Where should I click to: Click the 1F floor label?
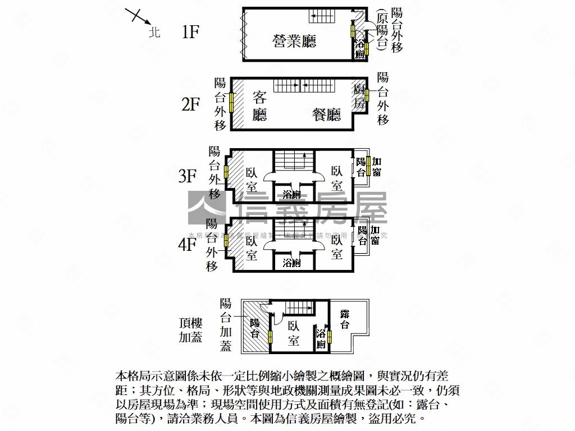tap(190, 32)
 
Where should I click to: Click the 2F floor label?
tap(190, 104)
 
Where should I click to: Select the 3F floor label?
tap(188, 177)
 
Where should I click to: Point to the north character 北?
tap(155, 33)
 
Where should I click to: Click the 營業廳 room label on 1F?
tap(294, 41)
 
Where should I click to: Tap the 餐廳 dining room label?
tap(327, 115)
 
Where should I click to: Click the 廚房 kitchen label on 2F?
tap(359, 96)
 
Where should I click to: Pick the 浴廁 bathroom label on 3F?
tap(291, 195)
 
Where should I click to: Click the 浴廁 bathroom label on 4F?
tap(291, 263)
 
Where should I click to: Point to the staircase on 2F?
tap(303, 85)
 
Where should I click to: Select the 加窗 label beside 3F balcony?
tap(376, 168)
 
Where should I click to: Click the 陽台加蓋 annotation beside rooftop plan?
tap(226, 325)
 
